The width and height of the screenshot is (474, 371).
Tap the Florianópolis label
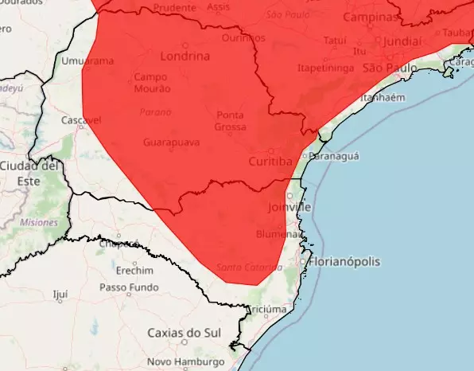click(x=346, y=261)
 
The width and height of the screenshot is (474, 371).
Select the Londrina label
click(x=185, y=57)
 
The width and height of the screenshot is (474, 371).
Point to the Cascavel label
click(x=82, y=120)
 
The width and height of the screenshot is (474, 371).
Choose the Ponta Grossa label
click(x=231, y=121)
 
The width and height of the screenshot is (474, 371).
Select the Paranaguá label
click(x=334, y=156)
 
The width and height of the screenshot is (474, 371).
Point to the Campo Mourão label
click(x=150, y=83)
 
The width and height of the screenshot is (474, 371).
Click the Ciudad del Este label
click(x=29, y=173)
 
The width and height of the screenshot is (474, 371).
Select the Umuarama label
click(x=87, y=61)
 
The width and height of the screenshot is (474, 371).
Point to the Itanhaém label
click(x=383, y=98)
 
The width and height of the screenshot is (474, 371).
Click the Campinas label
click(x=370, y=17)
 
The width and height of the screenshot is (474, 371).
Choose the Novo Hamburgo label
click(x=185, y=362)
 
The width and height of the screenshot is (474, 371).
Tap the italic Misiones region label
click(x=39, y=223)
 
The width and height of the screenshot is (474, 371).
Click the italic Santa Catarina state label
click(x=243, y=266)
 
